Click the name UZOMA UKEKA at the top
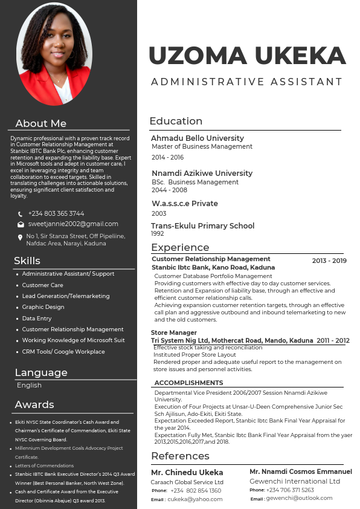click(x=247, y=56)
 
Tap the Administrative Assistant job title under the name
click(x=246, y=82)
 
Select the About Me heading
click(x=40, y=123)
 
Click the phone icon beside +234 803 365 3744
click(x=21, y=214)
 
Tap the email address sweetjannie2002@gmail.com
click(x=73, y=224)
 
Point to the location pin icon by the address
click(x=21, y=238)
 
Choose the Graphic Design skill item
click(x=43, y=307)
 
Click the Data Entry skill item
click(x=37, y=318)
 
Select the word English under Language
click(x=29, y=385)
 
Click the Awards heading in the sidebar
click(x=34, y=404)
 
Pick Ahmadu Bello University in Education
click(x=197, y=138)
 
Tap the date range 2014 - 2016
click(x=167, y=157)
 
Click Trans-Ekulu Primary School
click(x=202, y=225)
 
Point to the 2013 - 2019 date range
click(x=329, y=261)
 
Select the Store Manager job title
click(x=174, y=332)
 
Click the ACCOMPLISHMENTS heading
click(x=188, y=383)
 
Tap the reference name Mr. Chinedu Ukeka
click(x=187, y=472)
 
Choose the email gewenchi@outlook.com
click(x=299, y=498)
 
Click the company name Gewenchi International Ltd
click(x=295, y=481)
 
